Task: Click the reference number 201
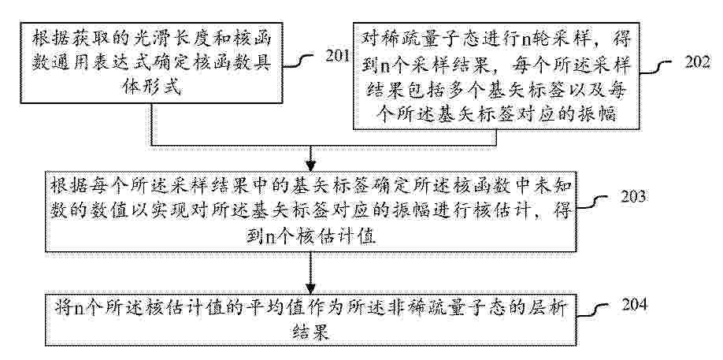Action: click(338, 56)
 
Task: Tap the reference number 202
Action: click(697, 61)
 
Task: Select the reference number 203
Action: click(633, 196)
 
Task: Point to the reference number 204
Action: click(635, 305)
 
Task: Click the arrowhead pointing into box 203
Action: click(311, 165)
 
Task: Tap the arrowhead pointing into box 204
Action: click(311, 287)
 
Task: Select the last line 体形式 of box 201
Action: click(152, 87)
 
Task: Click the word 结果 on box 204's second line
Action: click(311, 332)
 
